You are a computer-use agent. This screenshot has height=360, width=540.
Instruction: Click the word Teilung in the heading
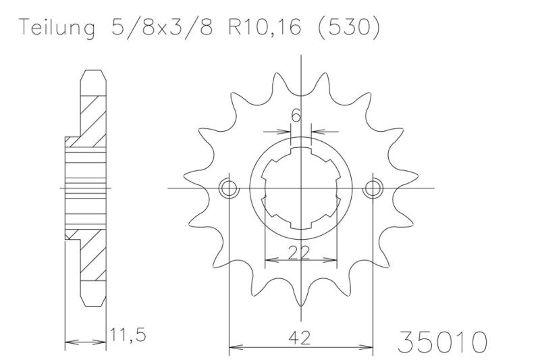57,28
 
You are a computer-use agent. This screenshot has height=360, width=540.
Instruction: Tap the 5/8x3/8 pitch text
161,26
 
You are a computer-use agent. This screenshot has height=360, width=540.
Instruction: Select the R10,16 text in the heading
265,27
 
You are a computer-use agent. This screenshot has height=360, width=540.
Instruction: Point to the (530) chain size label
348,27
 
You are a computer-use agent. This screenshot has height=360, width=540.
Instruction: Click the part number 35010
443,341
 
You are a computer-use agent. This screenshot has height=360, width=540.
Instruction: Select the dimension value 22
299,253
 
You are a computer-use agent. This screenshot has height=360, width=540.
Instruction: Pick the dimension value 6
296,115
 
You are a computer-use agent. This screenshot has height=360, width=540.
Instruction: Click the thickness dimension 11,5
128,335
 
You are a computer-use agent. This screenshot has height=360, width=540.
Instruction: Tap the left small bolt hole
229,188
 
